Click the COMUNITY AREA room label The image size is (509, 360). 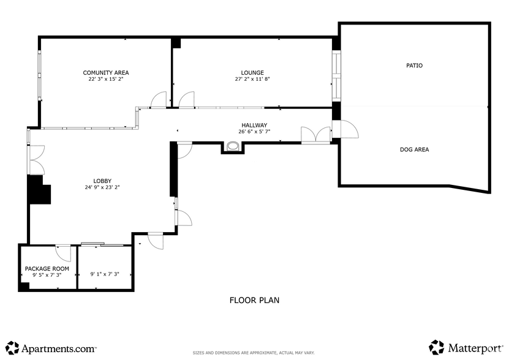coord(106,73)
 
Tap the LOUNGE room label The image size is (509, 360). coord(252,73)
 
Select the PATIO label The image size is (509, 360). coord(415,66)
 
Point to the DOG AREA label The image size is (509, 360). coord(414,149)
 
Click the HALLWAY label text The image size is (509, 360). coord(254,126)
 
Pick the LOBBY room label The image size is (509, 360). coord(102,181)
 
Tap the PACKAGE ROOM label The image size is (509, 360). coord(47,269)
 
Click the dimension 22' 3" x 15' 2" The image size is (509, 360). coord(106,80)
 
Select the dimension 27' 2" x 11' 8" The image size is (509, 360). coord(252,80)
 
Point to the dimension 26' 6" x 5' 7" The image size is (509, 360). coord(254,132)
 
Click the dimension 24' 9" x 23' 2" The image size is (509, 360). coord(102,187)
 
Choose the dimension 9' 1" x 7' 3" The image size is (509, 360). coord(104,274)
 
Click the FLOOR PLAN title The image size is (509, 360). coord(254,300)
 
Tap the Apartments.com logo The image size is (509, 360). coord(51,348)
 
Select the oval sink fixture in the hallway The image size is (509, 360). coord(233,146)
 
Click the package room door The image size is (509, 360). coord(62,252)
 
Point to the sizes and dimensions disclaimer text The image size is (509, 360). coord(254,353)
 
